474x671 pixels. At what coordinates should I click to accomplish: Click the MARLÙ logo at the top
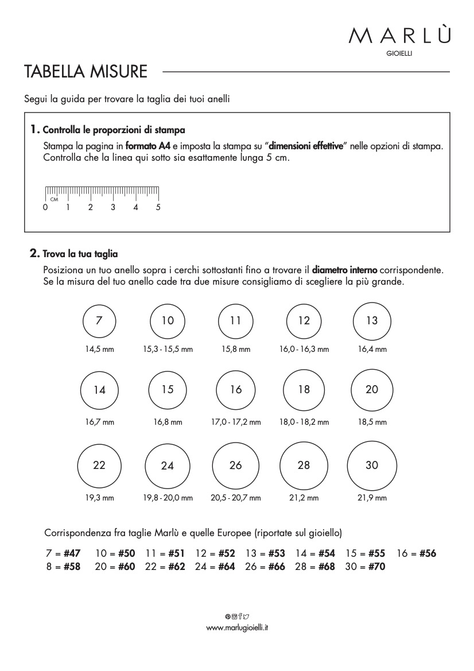[399, 36]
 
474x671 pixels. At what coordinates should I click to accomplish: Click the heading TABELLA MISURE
[86, 72]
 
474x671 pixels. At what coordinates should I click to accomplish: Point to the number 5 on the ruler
[158, 207]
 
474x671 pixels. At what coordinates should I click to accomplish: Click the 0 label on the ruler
[45, 207]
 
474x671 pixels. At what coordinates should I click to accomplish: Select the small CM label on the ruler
[55, 199]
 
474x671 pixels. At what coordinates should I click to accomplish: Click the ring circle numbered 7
[99, 321]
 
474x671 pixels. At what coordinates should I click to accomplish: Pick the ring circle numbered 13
[372, 321]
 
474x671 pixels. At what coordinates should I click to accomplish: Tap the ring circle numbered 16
[236, 390]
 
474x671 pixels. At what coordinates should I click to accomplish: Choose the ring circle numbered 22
[99, 465]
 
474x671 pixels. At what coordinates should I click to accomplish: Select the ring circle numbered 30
[372, 465]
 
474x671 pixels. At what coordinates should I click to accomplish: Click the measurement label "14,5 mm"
[99, 349]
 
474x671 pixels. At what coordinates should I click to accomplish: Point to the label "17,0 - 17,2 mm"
[236, 422]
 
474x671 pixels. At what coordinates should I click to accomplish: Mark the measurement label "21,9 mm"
[372, 498]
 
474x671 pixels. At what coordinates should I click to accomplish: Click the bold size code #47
[72, 554]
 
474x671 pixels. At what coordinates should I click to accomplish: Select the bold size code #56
[428, 554]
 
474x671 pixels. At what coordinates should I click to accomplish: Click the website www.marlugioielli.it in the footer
[237, 627]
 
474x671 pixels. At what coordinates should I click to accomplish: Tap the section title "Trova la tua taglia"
[80, 253]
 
